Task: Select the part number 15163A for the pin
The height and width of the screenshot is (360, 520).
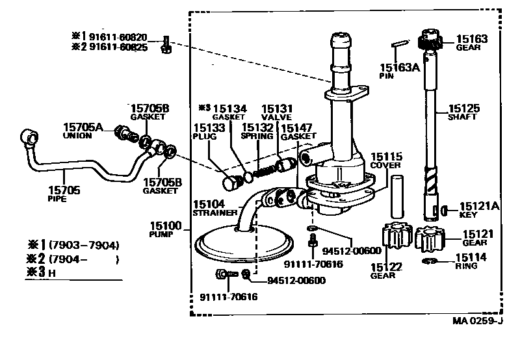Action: pyautogui.click(x=398, y=66)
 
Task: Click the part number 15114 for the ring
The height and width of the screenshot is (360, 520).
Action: pyautogui.click(x=472, y=257)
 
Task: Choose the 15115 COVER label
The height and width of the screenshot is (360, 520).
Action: pyautogui.click(x=387, y=157)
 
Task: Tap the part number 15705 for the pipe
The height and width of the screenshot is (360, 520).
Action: pyautogui.click(x=64, y=190)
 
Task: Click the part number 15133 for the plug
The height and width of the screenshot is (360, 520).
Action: pyautogui.click(x=208, y=128)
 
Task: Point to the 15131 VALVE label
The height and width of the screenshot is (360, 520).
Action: pyautogui.click(x=277, y=109)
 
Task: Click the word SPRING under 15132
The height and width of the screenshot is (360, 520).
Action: pyautogui.click(x=257, y=136)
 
